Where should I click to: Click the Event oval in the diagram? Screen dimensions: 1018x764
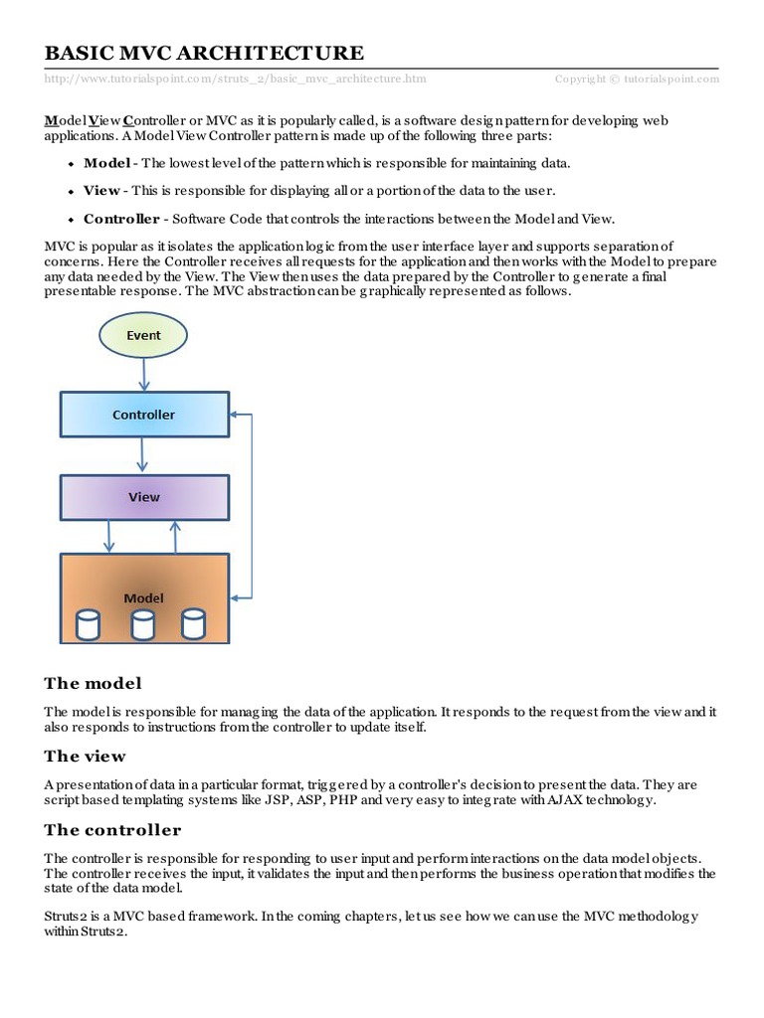(143, 336)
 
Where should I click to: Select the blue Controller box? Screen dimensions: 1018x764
(143, 415)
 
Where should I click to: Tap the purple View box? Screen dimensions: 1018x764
(144, 496)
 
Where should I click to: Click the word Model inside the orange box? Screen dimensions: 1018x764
(143, 598)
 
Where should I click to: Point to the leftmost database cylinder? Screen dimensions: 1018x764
(89, 624)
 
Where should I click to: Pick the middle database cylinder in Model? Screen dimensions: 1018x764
(143, 624)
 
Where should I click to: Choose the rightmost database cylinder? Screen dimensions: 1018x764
(193, 624)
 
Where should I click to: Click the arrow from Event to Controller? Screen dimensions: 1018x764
(144, 375)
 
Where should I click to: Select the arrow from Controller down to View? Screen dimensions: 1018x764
(144, 455)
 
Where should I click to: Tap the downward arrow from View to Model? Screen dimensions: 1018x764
(109, 536)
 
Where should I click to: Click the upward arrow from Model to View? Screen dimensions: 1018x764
(176, 536)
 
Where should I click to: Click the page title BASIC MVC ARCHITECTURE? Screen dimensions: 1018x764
(204, 54)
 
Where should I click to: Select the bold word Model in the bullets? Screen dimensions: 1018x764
(105, 163)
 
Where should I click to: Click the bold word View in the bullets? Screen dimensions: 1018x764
(101, 190)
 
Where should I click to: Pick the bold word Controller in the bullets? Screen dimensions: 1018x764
(121, 218)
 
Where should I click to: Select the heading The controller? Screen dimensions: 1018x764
(112, 830)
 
